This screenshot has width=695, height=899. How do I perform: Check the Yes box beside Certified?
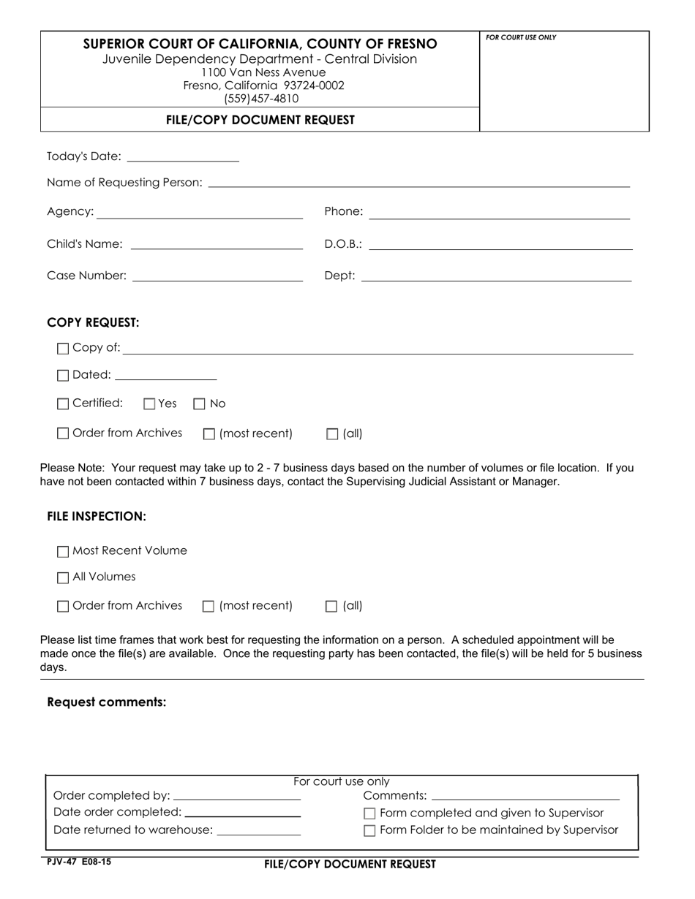[150, 404]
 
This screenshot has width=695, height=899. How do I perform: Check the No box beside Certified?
[199, 404]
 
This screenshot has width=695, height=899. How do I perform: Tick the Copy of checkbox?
[63, 349]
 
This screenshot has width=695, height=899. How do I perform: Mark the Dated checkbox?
[63, 376]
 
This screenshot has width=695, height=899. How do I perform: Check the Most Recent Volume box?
[63, 552]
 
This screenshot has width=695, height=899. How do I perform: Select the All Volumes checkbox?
[63, 578]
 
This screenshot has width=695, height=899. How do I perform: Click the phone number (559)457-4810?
[261, 99]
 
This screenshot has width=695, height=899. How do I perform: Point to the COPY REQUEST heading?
[93, 322]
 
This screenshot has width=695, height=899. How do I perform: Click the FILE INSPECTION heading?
[97, 516]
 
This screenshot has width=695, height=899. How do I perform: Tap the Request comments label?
[107, 702]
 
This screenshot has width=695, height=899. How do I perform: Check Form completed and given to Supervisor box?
[369, 813]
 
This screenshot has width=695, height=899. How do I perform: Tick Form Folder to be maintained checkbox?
[369, 830]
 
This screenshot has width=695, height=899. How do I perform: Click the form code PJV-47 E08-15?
[79, 862]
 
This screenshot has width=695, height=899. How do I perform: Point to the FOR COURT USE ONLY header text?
[521, 37]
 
